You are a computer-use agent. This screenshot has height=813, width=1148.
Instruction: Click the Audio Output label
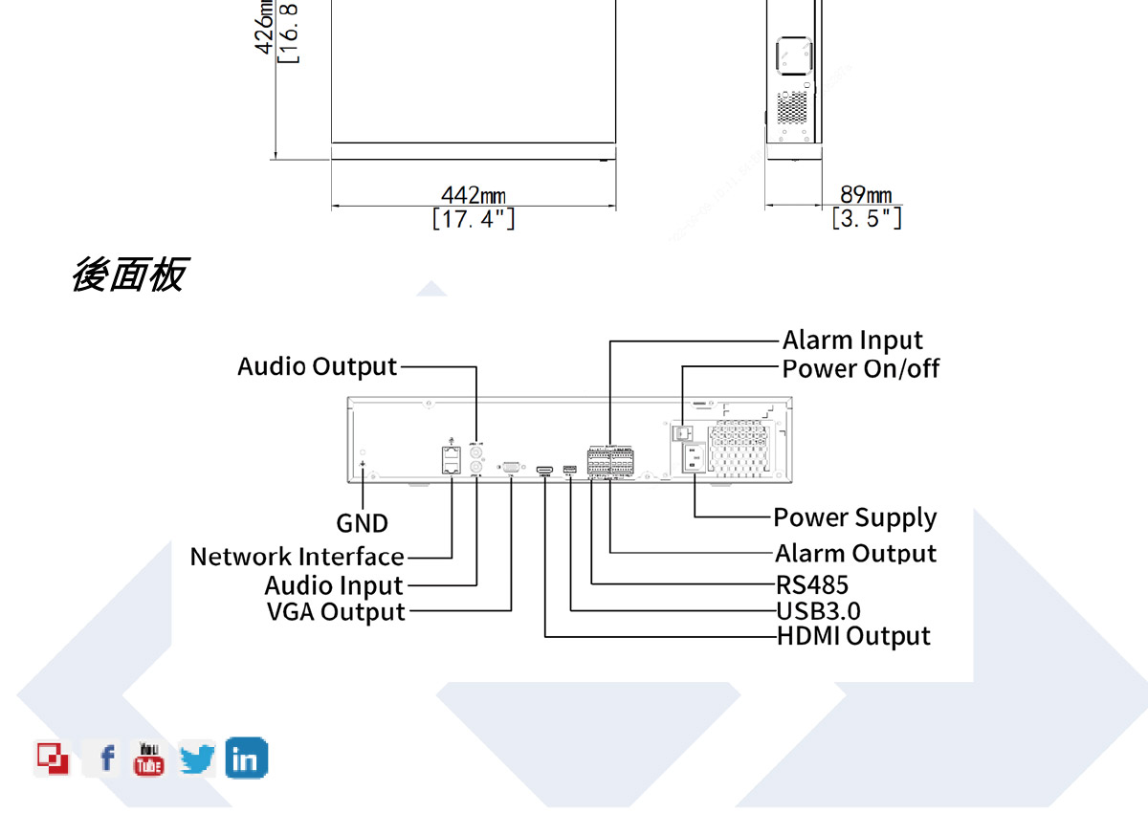[317, 366]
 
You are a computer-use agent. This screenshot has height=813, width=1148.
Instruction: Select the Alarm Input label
[852, 341]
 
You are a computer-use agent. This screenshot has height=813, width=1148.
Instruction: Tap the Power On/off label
[861, 368]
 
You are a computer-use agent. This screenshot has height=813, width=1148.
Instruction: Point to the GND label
[363, 523]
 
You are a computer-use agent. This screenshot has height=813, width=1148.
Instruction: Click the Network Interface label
[297, 557]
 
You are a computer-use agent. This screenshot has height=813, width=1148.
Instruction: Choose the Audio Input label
[334, 585]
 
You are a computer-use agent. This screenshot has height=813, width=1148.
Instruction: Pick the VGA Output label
[336, 612]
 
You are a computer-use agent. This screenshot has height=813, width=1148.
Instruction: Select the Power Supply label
[854, 517]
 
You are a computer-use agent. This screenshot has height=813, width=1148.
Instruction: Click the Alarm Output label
[855, 554]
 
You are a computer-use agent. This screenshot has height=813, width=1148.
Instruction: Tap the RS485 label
[812, 584]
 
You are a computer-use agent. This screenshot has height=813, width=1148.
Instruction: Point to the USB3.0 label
[818, 611]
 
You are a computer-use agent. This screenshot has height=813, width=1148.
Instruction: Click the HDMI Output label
[853, 636]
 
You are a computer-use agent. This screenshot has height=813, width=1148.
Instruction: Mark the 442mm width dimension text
[474, 197]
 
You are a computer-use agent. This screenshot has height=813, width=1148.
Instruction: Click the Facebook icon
[106, 759]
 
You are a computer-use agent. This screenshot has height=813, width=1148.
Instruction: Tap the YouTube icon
[148, 758]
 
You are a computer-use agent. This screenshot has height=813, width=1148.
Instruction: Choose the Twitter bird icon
[197, 759]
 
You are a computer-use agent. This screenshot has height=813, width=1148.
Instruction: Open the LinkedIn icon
[246, 758]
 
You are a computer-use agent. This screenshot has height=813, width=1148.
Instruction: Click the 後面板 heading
[129, 275]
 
